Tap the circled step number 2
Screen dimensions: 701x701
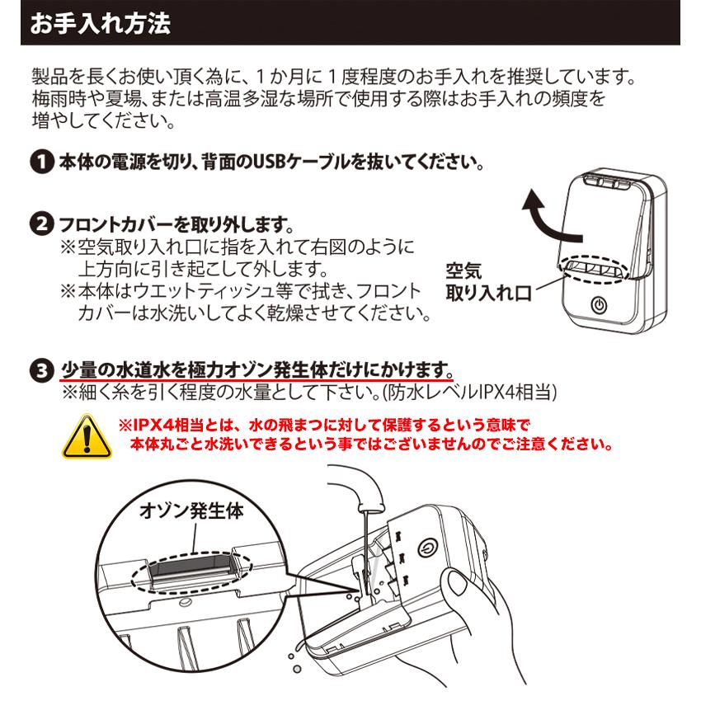pyautogui.click(x=39, y=223)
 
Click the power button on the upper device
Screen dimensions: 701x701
pyautogui.click(x=600, y=304)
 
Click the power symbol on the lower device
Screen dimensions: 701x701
pyautogui.click(x=427, y=548)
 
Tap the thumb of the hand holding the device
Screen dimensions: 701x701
pyautogui.click(x=458, y=593)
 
